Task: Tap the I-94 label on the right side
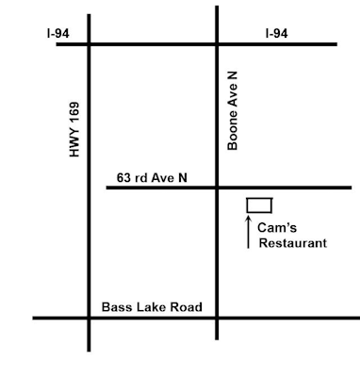pos(276,32)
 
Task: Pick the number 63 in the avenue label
pos(123,176)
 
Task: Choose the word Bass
pos(121,307)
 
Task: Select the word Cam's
pos(280,227)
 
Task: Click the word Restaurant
pos(292,243)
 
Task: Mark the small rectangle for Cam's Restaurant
pos(259,205)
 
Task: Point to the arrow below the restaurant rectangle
pos(249,232)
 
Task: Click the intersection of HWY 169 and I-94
pos(90,43)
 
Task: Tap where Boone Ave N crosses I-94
pos(217,43)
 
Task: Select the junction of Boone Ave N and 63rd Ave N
pos(217,188)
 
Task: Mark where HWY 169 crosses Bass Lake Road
pos(90,318)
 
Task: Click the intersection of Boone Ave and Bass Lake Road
pos(217,318)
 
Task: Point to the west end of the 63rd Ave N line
pos(107,188)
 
